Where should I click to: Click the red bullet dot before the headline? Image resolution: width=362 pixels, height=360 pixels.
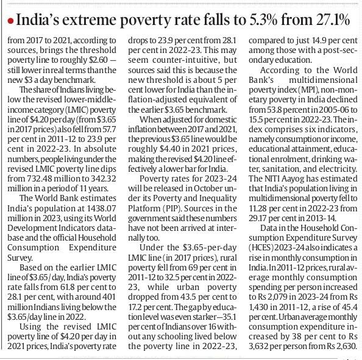pos(10,21)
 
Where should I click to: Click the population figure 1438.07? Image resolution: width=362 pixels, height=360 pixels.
pos(101,208)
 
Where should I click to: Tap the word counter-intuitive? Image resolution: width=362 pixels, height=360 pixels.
pos(186,60)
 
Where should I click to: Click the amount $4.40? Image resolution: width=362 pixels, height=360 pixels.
pos(169,149)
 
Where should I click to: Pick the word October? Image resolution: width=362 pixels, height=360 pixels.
pos(206,188)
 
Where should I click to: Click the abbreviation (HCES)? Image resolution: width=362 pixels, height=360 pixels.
pos(261,248)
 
